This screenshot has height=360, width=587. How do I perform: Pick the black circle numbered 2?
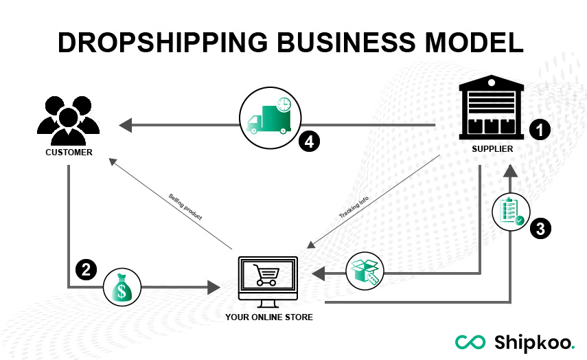(x=86, y=270)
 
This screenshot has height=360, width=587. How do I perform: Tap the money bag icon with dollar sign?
(x=122, y=288)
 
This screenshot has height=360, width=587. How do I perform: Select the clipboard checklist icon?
(x=511, y=210)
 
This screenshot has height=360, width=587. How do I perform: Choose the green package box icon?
(x=365, y=271)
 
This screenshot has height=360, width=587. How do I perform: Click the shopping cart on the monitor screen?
(x=266, y=275)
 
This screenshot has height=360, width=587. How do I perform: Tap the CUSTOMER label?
(x=69, y=153)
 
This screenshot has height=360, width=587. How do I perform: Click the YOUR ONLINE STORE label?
(x=269, y=317)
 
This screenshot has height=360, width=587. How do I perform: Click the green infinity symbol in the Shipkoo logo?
(x=470, y=341)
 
